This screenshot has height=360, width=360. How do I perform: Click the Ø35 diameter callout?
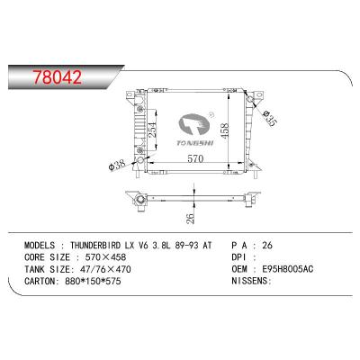tap(266, 115)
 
